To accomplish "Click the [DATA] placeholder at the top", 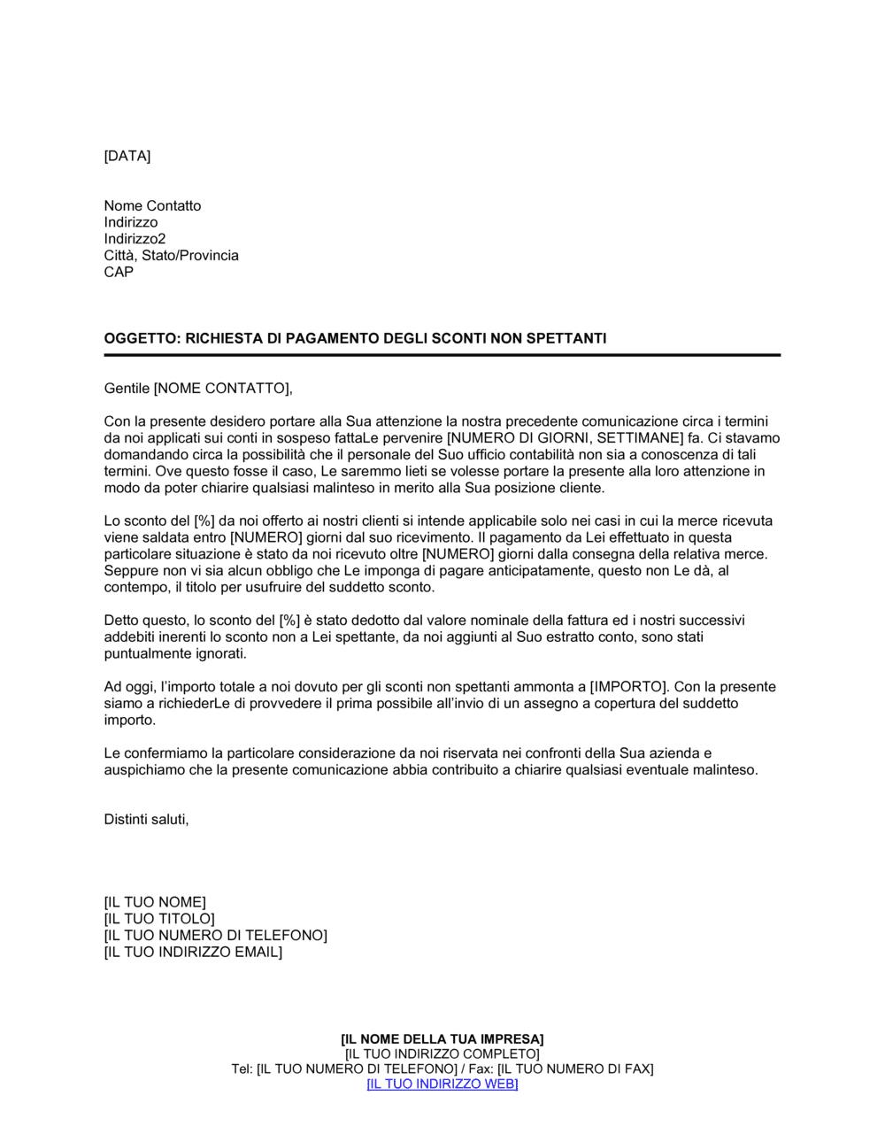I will coord(127,157).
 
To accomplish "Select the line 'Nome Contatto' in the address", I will coord(152,206).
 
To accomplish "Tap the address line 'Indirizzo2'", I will coord(135,239).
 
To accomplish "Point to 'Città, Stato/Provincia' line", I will coord(171,256).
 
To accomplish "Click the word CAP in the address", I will coord(119,273).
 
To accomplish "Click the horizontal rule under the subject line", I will coord(442,355).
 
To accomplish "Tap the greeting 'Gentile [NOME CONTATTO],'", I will coord(198,389).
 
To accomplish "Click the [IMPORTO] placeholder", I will coord(627,687).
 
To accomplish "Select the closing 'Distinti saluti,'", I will coord(146,820).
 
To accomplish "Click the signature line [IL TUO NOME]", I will coord(155,903).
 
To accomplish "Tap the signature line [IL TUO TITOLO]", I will coord(159,919).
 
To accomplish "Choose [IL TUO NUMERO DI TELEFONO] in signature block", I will coord(215,936).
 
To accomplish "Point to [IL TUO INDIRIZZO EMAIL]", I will coord(193,953).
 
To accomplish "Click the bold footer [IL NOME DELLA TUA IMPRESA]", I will coord(442,1039).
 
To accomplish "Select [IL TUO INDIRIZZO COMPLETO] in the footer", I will coord(442,1054).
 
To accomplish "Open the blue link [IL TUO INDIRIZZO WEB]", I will coord(442,1084).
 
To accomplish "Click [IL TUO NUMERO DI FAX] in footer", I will coord(575,1069).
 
